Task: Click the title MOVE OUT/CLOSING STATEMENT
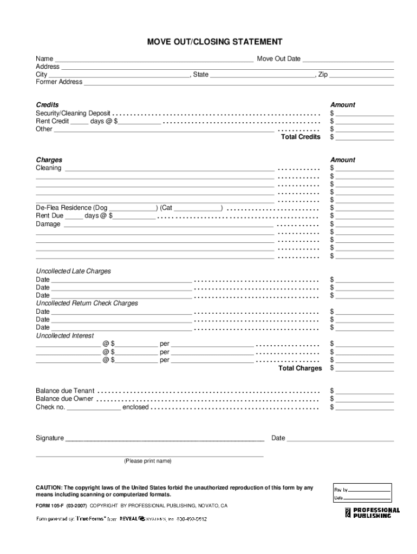click(208, 42)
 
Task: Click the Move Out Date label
click(278, 58)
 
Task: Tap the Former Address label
click(59, 82)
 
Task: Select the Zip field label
click(323, 74)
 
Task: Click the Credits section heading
click(48, 104)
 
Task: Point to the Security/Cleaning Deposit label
click(73, 113)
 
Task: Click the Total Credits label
click(301, 137)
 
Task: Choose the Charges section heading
click(49, 160)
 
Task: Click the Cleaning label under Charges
click(49, 168)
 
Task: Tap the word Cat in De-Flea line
click(167, 208)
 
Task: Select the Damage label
click(48, 224)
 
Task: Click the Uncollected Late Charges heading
click(73, 271)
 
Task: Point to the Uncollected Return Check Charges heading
click(87, 303)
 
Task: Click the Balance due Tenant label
click(65, 391)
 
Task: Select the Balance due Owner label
click(64, 399)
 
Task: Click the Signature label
click(50, 438)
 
